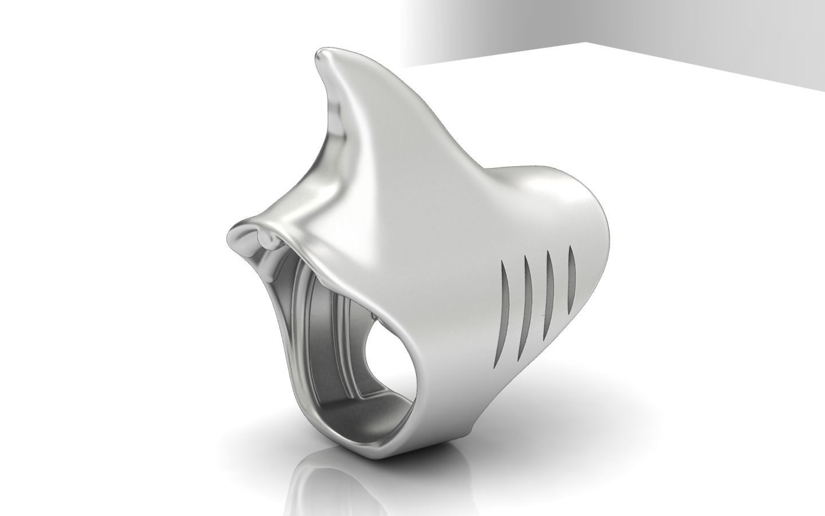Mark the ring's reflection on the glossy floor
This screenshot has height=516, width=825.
coord(344,487)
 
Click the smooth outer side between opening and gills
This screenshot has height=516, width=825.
coord(441,321)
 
